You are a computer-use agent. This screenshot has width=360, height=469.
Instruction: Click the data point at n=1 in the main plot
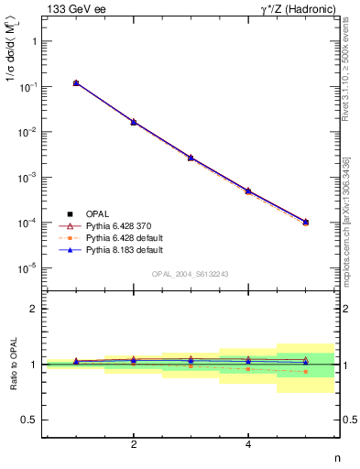[76, 83]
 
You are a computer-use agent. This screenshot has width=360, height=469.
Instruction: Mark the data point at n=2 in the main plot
[134, 122]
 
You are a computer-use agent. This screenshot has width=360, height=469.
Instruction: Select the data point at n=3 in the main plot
[191, 158]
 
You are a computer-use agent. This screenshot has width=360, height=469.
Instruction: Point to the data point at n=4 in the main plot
[248, 191]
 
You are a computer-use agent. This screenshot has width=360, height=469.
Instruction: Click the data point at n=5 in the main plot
[306, 222]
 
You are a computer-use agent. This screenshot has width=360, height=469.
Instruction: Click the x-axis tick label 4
[248, 444]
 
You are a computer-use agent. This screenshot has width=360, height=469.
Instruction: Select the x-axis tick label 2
[134, 444]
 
